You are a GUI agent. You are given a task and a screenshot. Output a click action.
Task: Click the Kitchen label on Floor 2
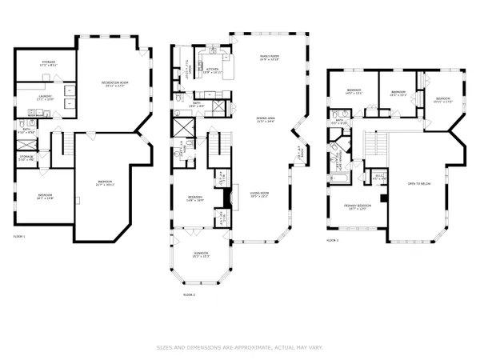(x=213, y=70)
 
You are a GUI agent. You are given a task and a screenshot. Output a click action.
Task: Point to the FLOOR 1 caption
(x=20, y=237)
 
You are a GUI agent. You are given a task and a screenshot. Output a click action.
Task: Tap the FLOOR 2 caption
(x=190, y=294)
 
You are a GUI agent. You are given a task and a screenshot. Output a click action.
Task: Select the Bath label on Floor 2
(x=197, y=103)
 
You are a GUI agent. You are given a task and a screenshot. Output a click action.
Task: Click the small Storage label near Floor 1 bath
(x=26, y=158)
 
